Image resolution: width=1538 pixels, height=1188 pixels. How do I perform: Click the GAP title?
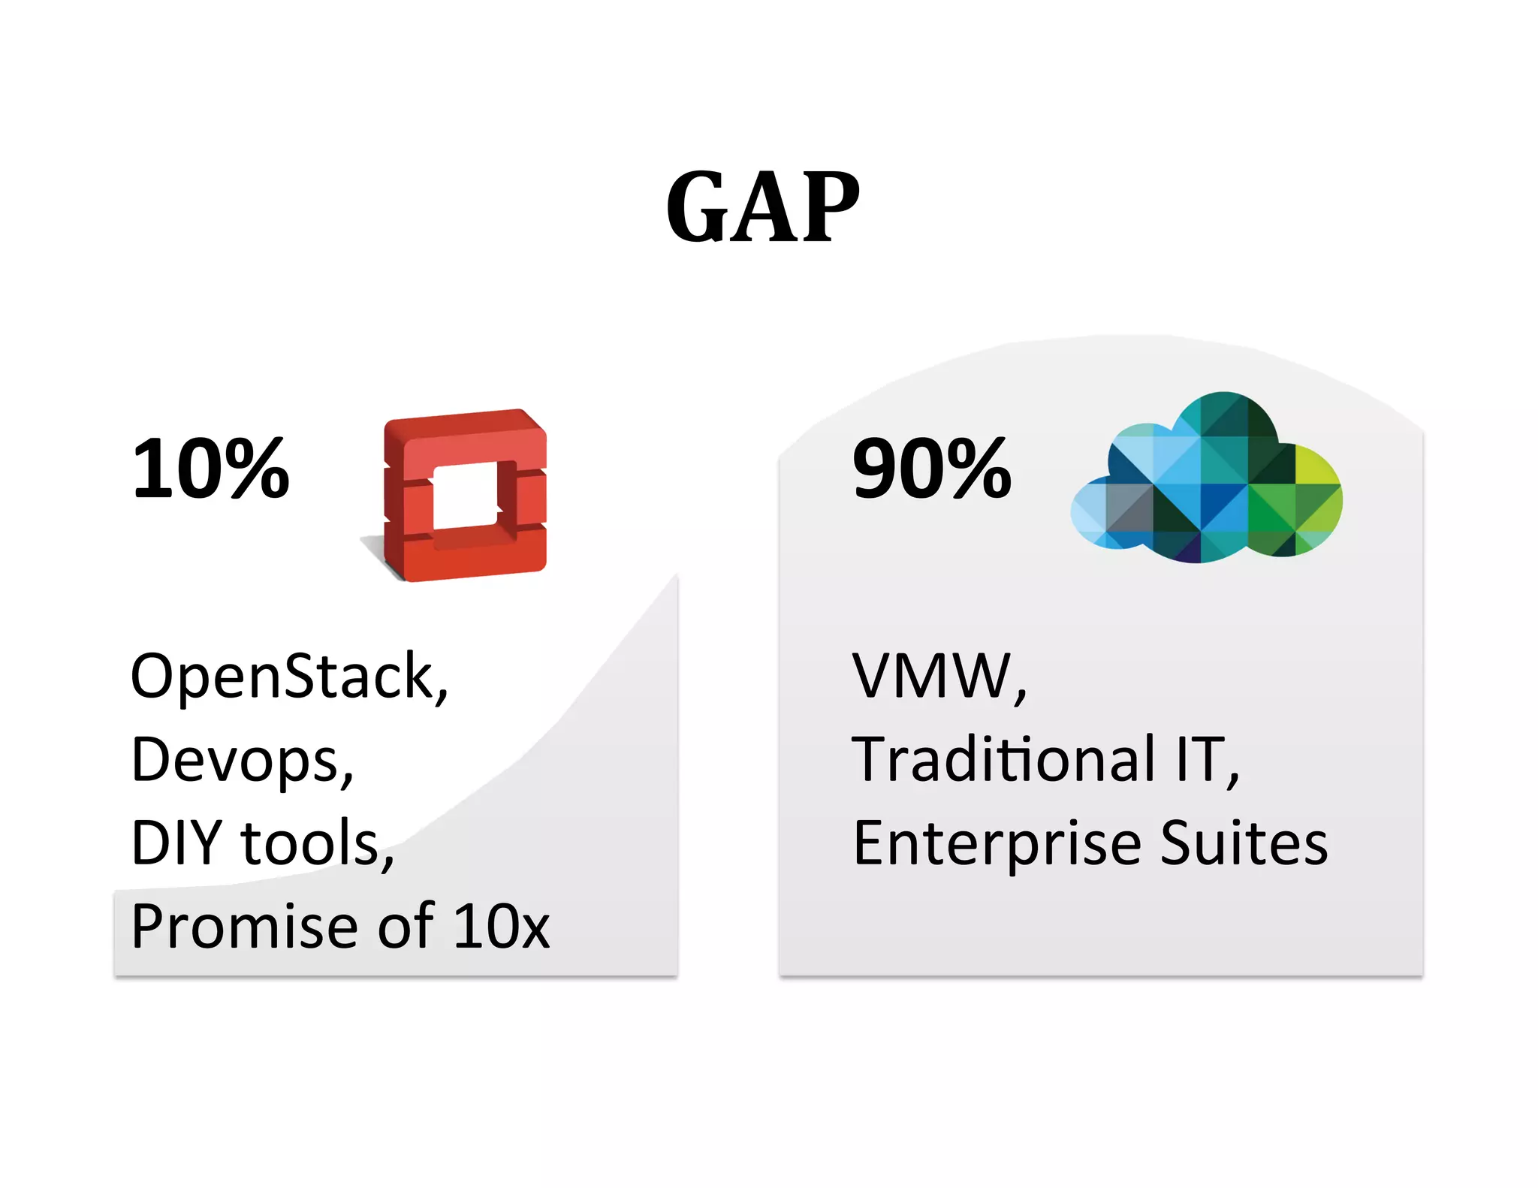point(762,207)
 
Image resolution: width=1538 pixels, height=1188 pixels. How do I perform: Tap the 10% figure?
point(210,469)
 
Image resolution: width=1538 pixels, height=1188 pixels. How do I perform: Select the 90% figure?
point(931,469)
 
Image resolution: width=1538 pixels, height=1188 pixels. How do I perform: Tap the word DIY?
point(176,843)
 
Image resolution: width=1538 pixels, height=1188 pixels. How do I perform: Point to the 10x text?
point(502,927)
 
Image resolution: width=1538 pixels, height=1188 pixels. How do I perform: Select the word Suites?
point(1244,843)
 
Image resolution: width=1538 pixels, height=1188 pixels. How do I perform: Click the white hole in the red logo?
point(466,496)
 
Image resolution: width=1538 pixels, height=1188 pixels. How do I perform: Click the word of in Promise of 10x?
point(406,927)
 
